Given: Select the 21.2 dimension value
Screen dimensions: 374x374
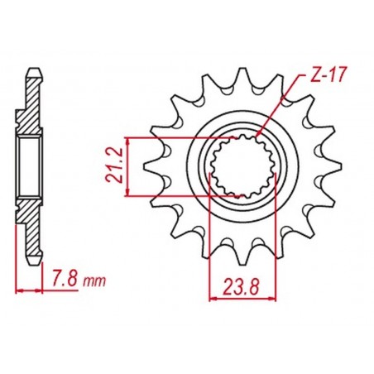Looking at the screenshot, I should coord(113,166).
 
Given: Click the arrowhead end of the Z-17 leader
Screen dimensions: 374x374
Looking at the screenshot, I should coord(258,137).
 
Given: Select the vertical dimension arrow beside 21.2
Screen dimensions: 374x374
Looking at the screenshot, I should coord(127,166).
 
